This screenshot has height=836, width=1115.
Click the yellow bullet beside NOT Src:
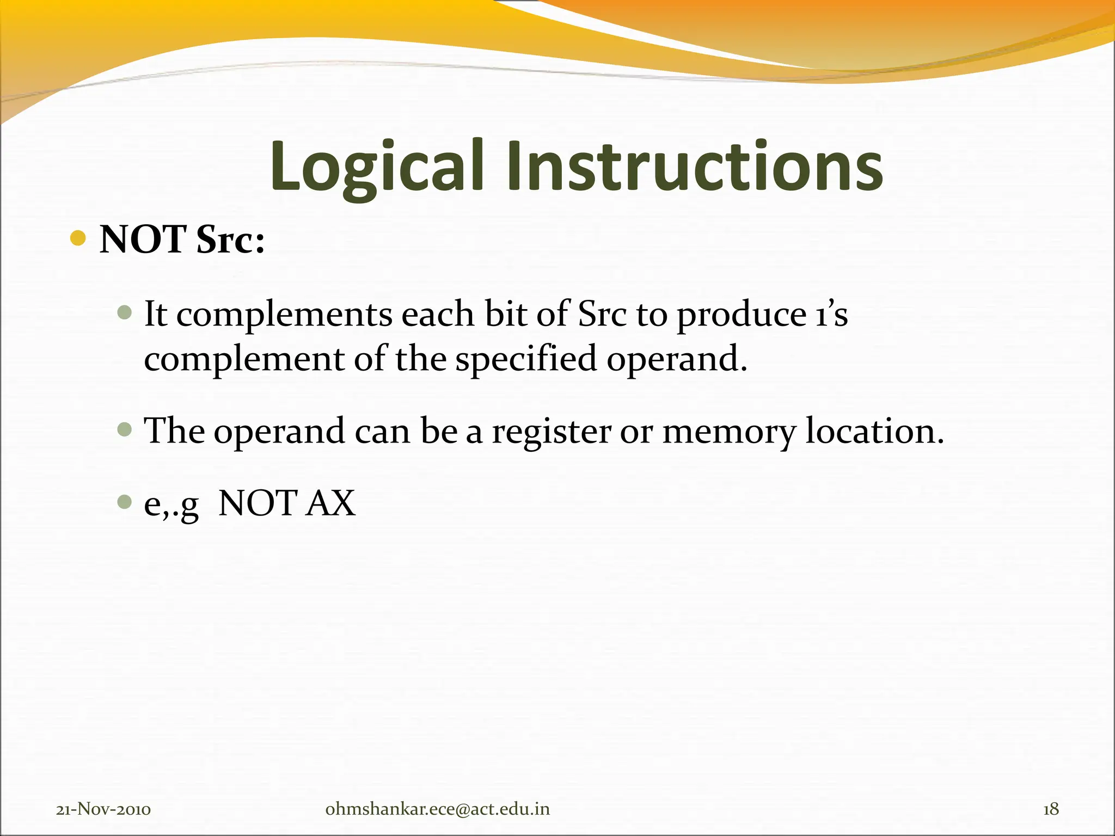tap(78, 238)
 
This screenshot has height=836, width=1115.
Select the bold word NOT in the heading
tap(143, 239)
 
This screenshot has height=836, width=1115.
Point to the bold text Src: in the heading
tap(230, 239)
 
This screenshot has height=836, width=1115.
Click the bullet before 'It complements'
tap(125, 312)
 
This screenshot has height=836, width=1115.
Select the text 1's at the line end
tap(832, 315)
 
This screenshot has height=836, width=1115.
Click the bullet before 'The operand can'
tap(125, 429)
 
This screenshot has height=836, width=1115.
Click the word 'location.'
tap(874, 431)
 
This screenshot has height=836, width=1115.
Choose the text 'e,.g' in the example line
tap(171, 504)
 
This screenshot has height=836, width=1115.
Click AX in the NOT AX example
tap(330, 503)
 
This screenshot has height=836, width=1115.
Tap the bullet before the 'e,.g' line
tap(125, 501)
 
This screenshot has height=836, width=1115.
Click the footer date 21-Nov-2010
tap(103, 809)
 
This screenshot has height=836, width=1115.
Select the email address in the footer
tap(437, 809)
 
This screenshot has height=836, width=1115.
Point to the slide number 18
tap(1051, 809)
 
